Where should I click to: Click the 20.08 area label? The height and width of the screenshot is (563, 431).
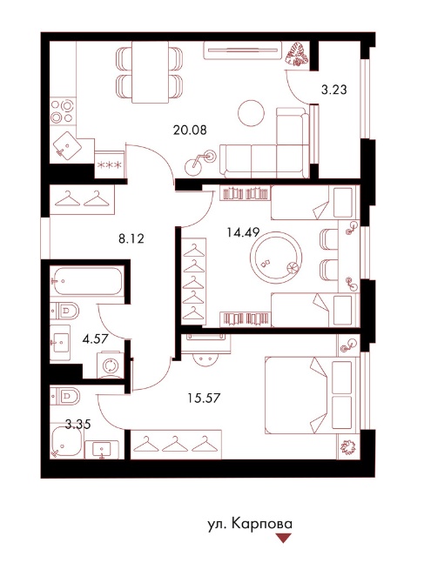190,130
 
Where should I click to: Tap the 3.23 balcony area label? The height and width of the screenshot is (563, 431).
334,90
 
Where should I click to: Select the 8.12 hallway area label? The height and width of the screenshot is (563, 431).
131,238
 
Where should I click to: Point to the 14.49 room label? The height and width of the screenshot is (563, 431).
243,232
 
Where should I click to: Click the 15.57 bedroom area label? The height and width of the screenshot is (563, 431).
204,398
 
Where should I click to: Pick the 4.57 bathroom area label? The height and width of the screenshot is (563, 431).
95,338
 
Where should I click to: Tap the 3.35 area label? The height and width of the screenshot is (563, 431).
78,425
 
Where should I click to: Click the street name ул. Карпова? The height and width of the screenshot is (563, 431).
250,524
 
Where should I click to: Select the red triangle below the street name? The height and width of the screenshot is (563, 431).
283,538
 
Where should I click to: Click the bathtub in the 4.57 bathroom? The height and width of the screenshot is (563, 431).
86,281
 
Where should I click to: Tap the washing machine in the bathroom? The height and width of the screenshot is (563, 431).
111,365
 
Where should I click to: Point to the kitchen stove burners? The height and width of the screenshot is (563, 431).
62,111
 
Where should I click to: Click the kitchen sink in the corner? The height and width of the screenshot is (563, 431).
67,145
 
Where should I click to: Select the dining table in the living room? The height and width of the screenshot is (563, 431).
150,72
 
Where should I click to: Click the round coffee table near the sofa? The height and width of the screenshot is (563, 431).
251,113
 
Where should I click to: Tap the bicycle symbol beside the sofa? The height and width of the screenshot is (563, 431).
200,163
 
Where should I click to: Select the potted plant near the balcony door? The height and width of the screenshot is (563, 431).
297,54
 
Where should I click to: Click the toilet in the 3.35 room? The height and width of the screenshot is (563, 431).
65,396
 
